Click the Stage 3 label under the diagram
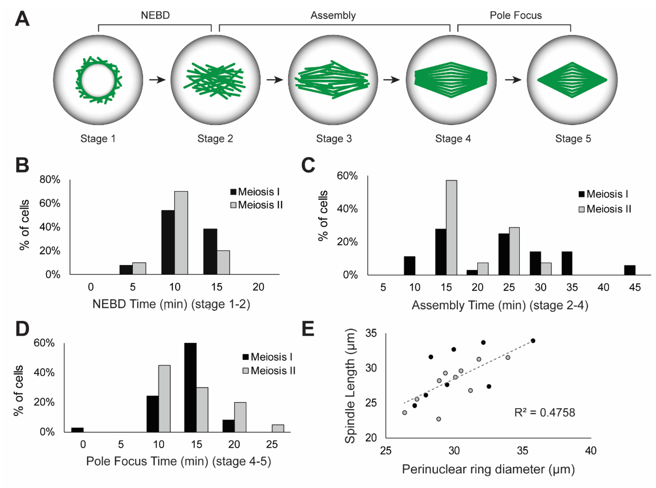tap(334, 139)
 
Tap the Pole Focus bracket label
tap(516, 15)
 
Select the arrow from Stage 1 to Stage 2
tap(157, 80)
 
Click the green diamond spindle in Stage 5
tap(572, 80)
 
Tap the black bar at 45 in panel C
tap(629, 270)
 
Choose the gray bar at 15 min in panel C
tap(452, 227)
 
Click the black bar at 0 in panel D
tap(77, 430)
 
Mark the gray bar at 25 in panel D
tap(278, 428)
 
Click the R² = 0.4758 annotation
tap(544, 412)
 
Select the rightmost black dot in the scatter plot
tap(533, 341)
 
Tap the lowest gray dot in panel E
tap(439, 419)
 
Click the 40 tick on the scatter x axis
tap(591, 451)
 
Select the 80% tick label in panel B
tap(50, 180)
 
